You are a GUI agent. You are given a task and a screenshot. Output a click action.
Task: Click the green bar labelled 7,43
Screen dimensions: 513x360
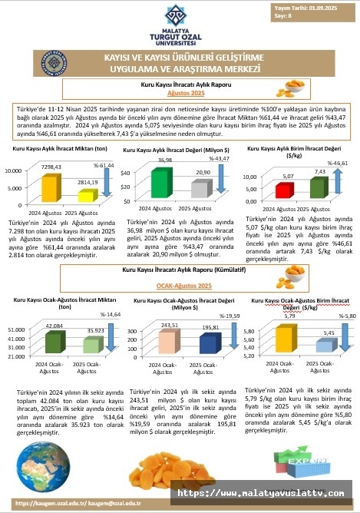[317, 188]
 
